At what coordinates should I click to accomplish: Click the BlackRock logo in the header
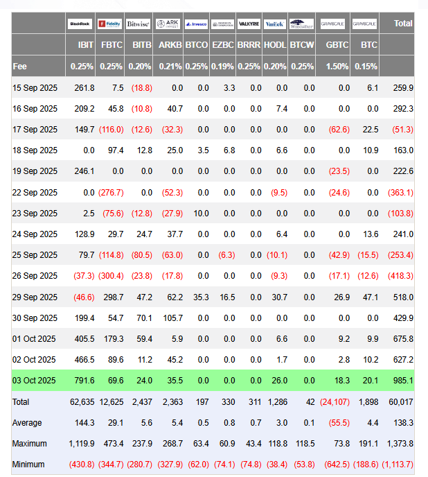point(80,24)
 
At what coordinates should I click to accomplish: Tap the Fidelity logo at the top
point(109,24)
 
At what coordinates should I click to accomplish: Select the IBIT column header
point(86,44)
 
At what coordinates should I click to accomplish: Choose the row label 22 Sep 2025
point(35,192)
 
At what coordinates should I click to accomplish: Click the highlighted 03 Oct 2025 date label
point(34,380)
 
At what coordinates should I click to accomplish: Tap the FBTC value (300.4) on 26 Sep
point(112,275)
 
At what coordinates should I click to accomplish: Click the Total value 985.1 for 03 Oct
point(403,380)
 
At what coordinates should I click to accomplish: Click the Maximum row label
point(30,443)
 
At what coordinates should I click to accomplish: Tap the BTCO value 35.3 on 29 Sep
point(201,296)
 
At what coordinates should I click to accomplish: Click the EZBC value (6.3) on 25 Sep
point(224,254)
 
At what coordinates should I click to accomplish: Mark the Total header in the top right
point(403,24)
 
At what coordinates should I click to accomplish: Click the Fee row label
point(20,66)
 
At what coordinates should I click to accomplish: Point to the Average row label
point(27,422)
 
